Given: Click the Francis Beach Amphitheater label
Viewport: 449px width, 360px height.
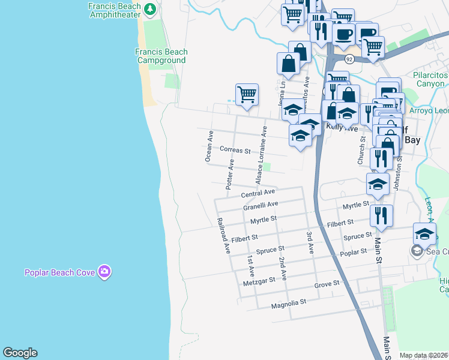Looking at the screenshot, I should click(x=115, y=11).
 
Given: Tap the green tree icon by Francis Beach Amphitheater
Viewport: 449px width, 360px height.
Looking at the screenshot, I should click(x=150, y=9).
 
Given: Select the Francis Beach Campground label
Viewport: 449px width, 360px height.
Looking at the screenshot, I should click(x=161, y=56).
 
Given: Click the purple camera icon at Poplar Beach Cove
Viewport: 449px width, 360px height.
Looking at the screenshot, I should click(x=105, y=272).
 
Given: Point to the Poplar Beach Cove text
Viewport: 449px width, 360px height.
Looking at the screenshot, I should click(x=59, y=272).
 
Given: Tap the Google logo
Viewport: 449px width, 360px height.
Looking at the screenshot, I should click(x=20, y=353).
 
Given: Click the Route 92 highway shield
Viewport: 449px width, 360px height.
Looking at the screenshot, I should click(x=349, y=58).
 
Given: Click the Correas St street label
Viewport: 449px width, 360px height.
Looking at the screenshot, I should click(x=235, y=150).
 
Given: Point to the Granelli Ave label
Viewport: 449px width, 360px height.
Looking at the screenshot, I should click(x=261, y=206).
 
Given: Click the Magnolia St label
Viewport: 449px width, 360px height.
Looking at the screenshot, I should click(x=289, y=302).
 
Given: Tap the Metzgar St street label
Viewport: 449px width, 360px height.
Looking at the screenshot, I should click(x=259, y=280).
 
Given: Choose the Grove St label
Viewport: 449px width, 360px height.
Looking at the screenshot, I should click(x=327, y=283).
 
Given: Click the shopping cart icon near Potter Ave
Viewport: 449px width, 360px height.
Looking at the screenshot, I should click(x=247, y=94).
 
